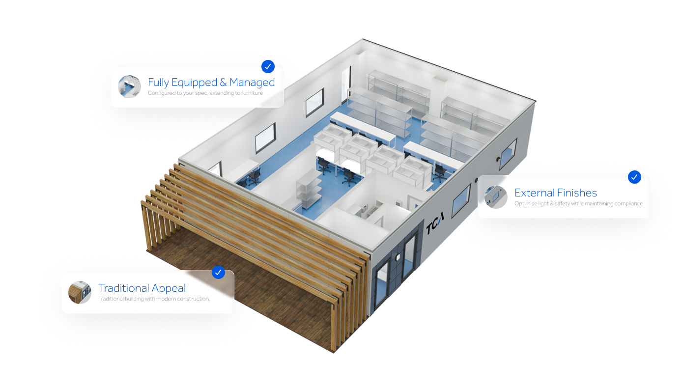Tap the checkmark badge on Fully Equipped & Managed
click(x=268, y=66)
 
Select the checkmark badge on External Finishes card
click(x=634, y=177)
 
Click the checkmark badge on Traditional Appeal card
click(x=218, y=272)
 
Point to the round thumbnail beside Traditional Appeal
click(x=80, y=292)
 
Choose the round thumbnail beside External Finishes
click(x=495, y=197)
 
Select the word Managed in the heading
click(x=252, y=83)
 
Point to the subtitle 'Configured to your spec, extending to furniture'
click(x=205, y=93)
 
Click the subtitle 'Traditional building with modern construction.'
click(x=154, y=299)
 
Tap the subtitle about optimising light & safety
click(x=579, y=203)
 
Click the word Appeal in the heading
click(x=169, y=288)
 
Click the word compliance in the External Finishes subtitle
click(x=630, y=203)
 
